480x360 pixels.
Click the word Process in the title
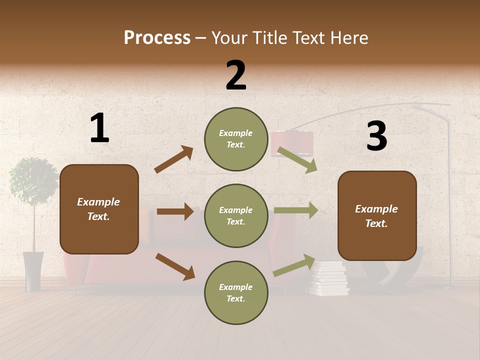[x=157, y=38]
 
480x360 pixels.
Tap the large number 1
[x=99, y=128]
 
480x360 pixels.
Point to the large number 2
[x=236, y=75]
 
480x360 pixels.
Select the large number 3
[x=376, y=136]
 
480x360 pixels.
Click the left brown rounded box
[x=99, y=209]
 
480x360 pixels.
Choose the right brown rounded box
[x=377, y=216]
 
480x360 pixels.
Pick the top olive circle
[x=236, y=139]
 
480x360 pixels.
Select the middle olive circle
[x=236, y=216]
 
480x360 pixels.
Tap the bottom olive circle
[x=236, y=293]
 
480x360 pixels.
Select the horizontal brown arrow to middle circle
[x=175, y=211]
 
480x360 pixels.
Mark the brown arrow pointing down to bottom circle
[x=175, y=266]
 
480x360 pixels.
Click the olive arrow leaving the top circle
[x=297, y=160]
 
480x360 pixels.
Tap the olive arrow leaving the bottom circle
[x=294, y=265]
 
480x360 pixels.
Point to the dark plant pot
[x=33, y=271]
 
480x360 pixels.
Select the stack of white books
[x=329, y=279]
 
